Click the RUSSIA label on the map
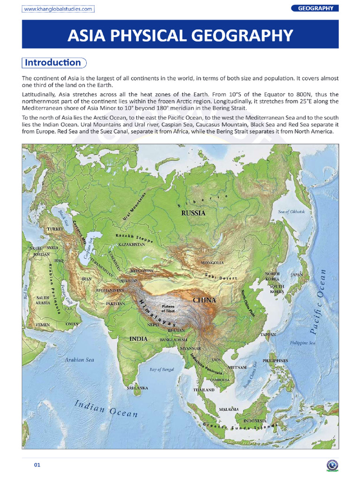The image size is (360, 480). [x=193, y=213]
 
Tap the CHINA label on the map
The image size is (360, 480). [x=204, y=300]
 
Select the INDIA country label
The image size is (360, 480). [x=138, y=338]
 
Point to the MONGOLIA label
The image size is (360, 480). [x=212, y=263]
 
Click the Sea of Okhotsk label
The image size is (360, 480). [x=292, y=212]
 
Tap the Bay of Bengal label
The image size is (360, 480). [x=162, y=369]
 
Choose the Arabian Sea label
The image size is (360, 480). [x=80, y=360]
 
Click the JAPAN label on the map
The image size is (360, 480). [x=297, y=275]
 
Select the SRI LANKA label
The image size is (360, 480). [x=137, y=388]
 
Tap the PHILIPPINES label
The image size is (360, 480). [x=275, y=360]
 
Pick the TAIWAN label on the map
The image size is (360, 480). [x=268, y=335]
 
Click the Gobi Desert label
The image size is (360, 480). [x=221, y=276]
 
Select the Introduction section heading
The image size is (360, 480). [x=52, y=63]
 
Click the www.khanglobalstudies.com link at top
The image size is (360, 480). [x=58, y=9]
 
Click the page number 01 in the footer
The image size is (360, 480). [x=37, y=465]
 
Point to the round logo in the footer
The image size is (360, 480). [x=331, y=465]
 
